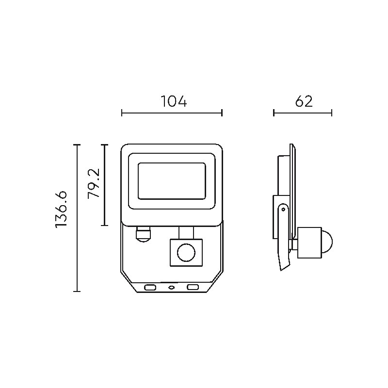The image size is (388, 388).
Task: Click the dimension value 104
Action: coord(174,101)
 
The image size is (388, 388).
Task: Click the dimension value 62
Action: coord(304,101)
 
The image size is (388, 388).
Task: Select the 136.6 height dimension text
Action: coord(61,210)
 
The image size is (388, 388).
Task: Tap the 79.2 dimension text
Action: coord(94,183)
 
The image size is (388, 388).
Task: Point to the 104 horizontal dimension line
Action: coord(172,113)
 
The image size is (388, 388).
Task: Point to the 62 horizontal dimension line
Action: coord(303,113)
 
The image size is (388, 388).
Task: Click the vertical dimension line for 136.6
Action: coord(77,218)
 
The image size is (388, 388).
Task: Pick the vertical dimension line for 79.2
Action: coord(105,185)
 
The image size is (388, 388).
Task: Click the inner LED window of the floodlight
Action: coord(172,181)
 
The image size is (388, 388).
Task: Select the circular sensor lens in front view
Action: coord(186,253)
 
